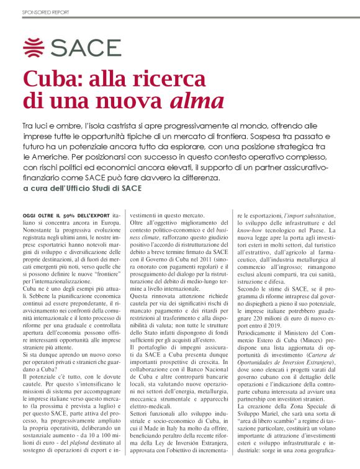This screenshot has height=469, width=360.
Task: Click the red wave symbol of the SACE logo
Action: point(35,47)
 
